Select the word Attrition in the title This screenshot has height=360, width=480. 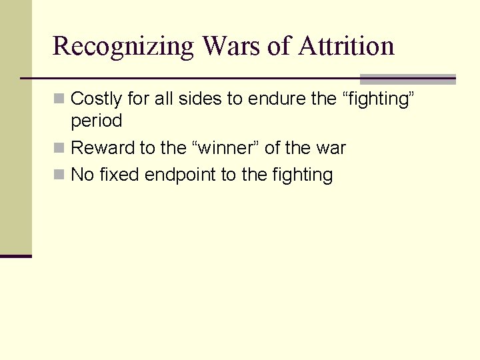pyautogui.click(x=346, y=47)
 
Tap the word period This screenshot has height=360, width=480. pyautogui.click(x=97, y=121)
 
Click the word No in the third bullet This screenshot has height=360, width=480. pyautogui.click(x=83, y=175)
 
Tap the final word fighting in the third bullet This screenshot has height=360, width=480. pyautogui.click(x=303, y=175)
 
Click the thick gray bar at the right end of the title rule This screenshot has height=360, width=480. pyautogui.click(x=407, y=79)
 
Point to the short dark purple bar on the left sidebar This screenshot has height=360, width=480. pyautogui.click(x=15, y=255)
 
